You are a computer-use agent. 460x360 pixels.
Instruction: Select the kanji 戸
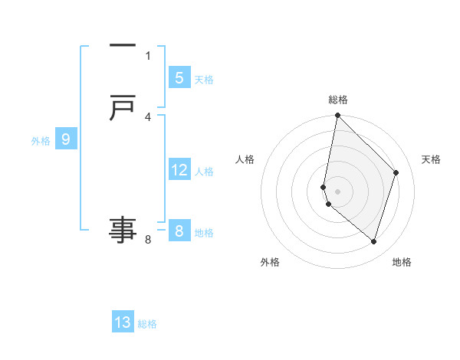point(123,108)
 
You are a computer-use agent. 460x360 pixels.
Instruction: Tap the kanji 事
point(123,229)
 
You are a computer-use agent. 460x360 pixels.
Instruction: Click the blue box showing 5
point(179,78)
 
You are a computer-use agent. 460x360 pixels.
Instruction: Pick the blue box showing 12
point(179,170)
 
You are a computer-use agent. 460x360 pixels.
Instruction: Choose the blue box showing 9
point(66,139)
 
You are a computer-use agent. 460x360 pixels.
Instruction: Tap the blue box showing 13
point(123,322)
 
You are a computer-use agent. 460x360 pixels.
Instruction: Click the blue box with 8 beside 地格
point(179,231)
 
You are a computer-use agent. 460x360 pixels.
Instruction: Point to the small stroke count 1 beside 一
point(148,55)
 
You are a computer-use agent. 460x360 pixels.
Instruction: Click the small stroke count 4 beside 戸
point(148,116)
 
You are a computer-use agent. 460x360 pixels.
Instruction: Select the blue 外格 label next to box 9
point(41,141)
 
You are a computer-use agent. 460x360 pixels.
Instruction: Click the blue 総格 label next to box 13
point(147,324)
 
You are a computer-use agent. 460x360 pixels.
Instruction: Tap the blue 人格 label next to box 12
point(204,172)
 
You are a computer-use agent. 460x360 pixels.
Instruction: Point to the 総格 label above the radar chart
point(338,100)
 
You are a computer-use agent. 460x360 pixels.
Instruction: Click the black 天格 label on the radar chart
point(431,159)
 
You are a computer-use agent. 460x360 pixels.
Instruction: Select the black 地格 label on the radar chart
point(402,262)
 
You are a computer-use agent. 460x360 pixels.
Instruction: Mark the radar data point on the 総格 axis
point(337,115)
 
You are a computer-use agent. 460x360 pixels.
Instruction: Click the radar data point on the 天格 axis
point(396,172)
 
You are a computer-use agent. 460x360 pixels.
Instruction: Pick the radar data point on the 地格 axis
point(373,241)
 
